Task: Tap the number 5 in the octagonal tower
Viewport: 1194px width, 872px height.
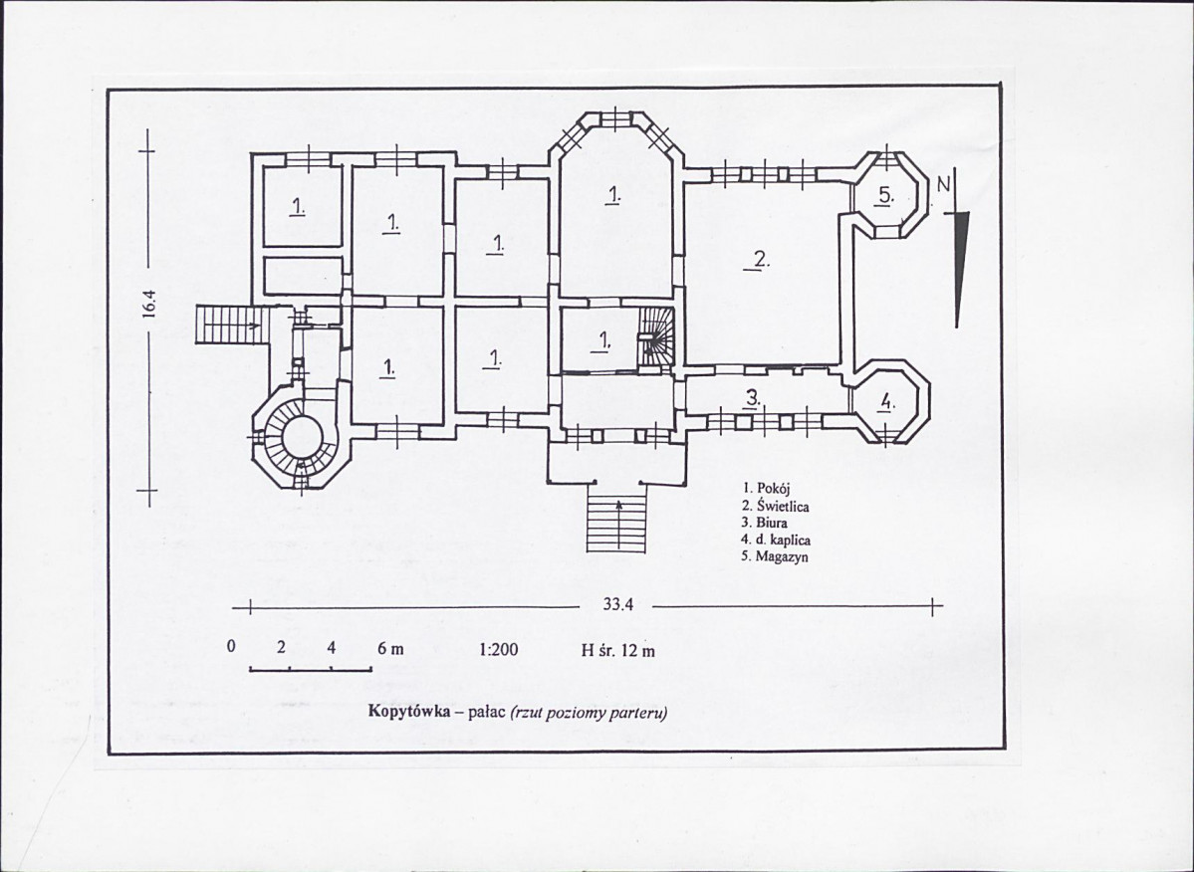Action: point(885,196)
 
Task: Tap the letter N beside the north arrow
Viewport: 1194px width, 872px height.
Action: point(944,185)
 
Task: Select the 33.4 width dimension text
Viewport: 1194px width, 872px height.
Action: point(617,605)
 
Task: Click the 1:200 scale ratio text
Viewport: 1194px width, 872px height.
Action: point(499,650)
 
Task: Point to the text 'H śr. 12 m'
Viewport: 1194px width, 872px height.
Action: point(617,651)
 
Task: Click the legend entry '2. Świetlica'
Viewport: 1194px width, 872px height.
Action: point(775,506)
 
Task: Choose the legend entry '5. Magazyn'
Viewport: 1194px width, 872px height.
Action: point(775,556)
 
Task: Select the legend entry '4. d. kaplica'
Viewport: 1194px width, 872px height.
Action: point(776,540)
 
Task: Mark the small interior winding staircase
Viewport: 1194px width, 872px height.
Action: point(655,336)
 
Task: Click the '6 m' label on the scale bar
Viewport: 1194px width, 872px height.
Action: point(390,648)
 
